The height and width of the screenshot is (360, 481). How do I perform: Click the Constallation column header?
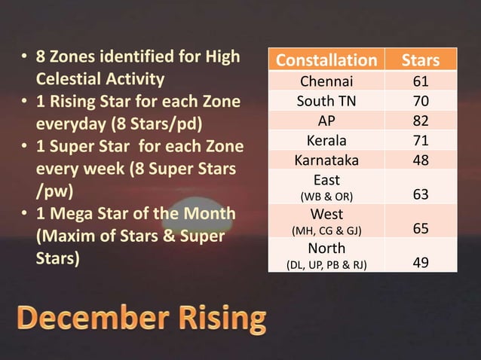point(326,60)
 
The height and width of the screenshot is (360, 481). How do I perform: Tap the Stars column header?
point(420,60)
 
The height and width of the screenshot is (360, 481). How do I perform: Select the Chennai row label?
point(326,81)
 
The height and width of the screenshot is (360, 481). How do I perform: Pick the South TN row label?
point(326,101)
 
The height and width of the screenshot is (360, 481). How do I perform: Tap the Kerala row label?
point(326,140)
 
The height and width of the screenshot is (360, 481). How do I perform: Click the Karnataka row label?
point(326,160)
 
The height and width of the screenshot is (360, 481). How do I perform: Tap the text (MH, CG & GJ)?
point(326,230)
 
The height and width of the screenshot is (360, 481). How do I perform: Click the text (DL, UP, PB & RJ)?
point(326,264)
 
